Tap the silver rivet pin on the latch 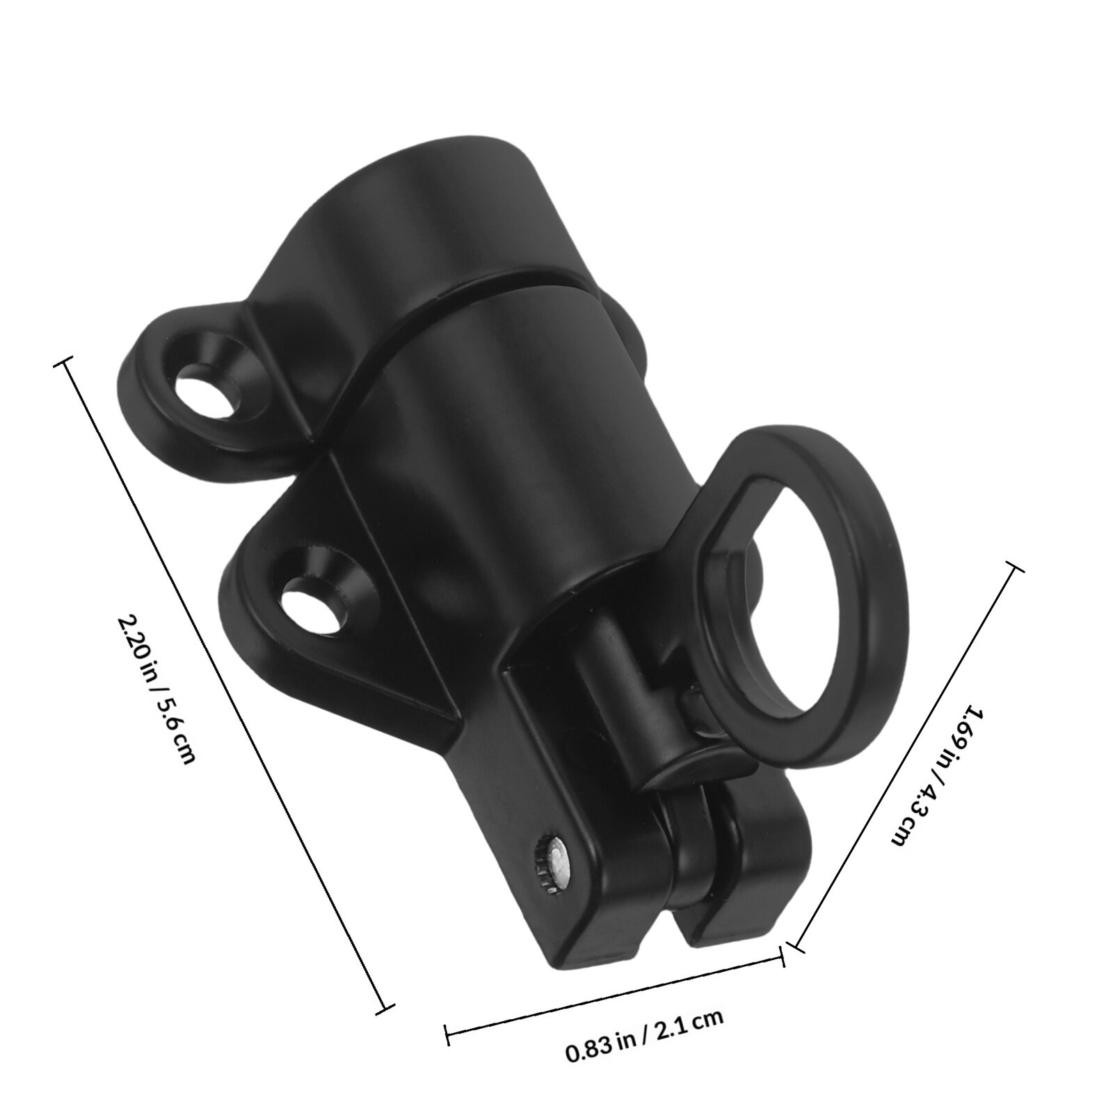pos(556,867)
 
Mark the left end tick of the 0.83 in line pos(447,1024)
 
